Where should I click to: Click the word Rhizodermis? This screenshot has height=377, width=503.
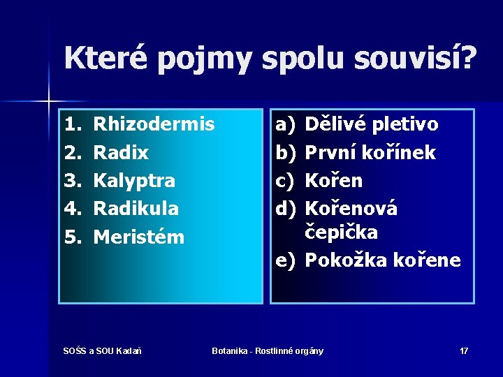pos(154,125)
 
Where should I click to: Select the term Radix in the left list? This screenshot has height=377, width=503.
pos(121,153)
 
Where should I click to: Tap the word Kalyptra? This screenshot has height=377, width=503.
pos(134,181)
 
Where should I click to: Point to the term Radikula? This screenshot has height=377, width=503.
pos(136,209)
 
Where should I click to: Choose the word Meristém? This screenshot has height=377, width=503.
pos(138,237)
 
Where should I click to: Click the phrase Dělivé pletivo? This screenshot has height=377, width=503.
pos(372,125)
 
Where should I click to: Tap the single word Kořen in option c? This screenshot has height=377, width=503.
pos(335,181)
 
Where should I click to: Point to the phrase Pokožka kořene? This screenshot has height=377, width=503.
pos(384,261)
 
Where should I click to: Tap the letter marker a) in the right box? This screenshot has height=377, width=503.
pos(286,125)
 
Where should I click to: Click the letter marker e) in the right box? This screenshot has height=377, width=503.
pos(286,261)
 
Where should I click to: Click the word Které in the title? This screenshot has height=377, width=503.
pos(105,57)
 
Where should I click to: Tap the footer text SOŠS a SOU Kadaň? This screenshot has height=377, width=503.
pos(102,350)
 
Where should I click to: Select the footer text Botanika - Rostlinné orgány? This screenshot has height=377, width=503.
pos(268,350)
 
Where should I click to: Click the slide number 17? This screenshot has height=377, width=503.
pos(464,350)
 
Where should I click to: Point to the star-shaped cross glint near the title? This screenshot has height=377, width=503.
pos(48,102)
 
